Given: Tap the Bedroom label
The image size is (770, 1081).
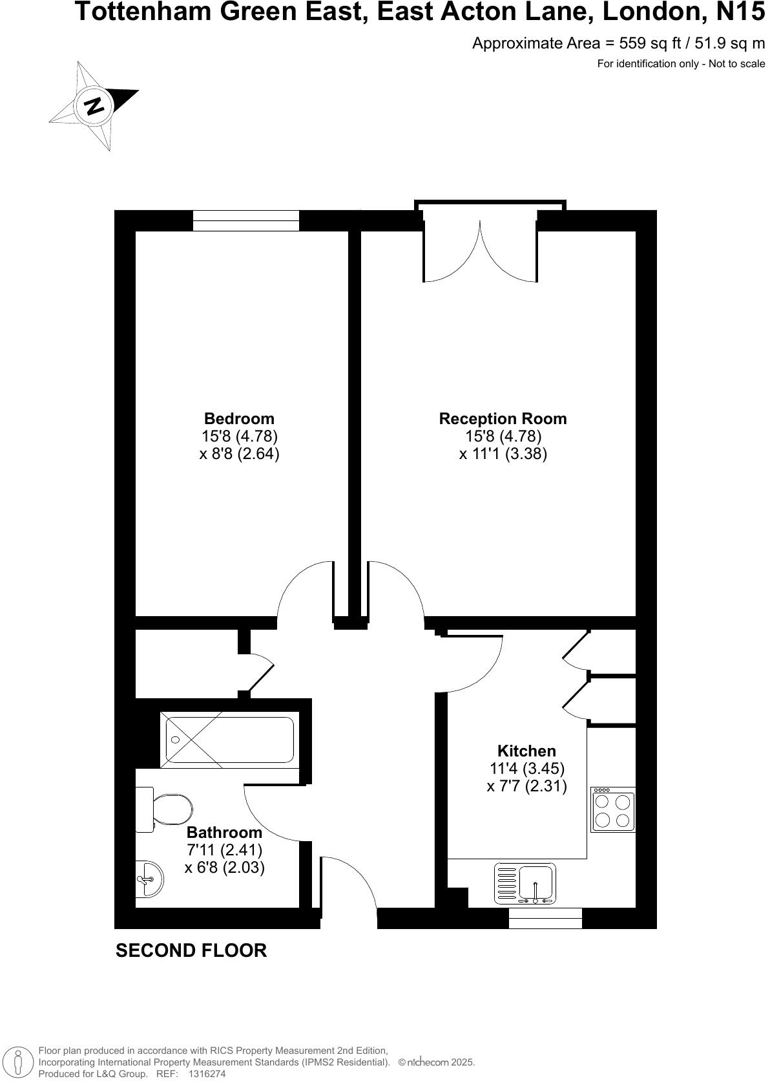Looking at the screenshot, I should (x=239, y=418).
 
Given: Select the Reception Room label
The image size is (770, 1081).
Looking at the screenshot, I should (x=503, y=418).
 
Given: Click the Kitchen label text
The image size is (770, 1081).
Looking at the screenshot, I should (x=526, y=751).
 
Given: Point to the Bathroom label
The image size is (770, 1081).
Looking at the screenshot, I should (x=224, y=832).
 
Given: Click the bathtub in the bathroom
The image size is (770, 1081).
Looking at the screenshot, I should (x=230, y=740).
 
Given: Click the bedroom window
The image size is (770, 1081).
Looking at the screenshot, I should (x=246, y=220).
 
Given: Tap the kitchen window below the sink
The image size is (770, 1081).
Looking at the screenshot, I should (x=545, y=918).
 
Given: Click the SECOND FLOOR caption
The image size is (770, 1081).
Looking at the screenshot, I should (x=191, y=950).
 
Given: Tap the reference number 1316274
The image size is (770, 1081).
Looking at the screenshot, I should (x=207, y=1074).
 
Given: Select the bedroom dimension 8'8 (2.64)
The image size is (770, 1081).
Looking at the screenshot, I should (x=239, y=453).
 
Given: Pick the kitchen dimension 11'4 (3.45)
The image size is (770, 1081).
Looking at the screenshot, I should (x=526, y=769).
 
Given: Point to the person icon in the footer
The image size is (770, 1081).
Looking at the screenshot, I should (x=19, y=1062).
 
